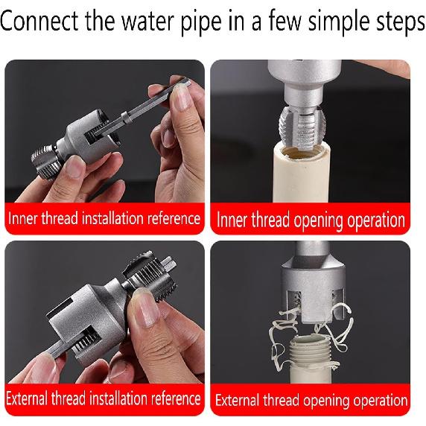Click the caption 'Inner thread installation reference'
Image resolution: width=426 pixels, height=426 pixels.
(104, 219)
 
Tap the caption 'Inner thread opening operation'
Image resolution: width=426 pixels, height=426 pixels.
(311, 220)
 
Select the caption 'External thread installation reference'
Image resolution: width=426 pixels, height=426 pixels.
(104, 398)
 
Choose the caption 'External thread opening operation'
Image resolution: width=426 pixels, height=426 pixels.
(311, 400)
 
